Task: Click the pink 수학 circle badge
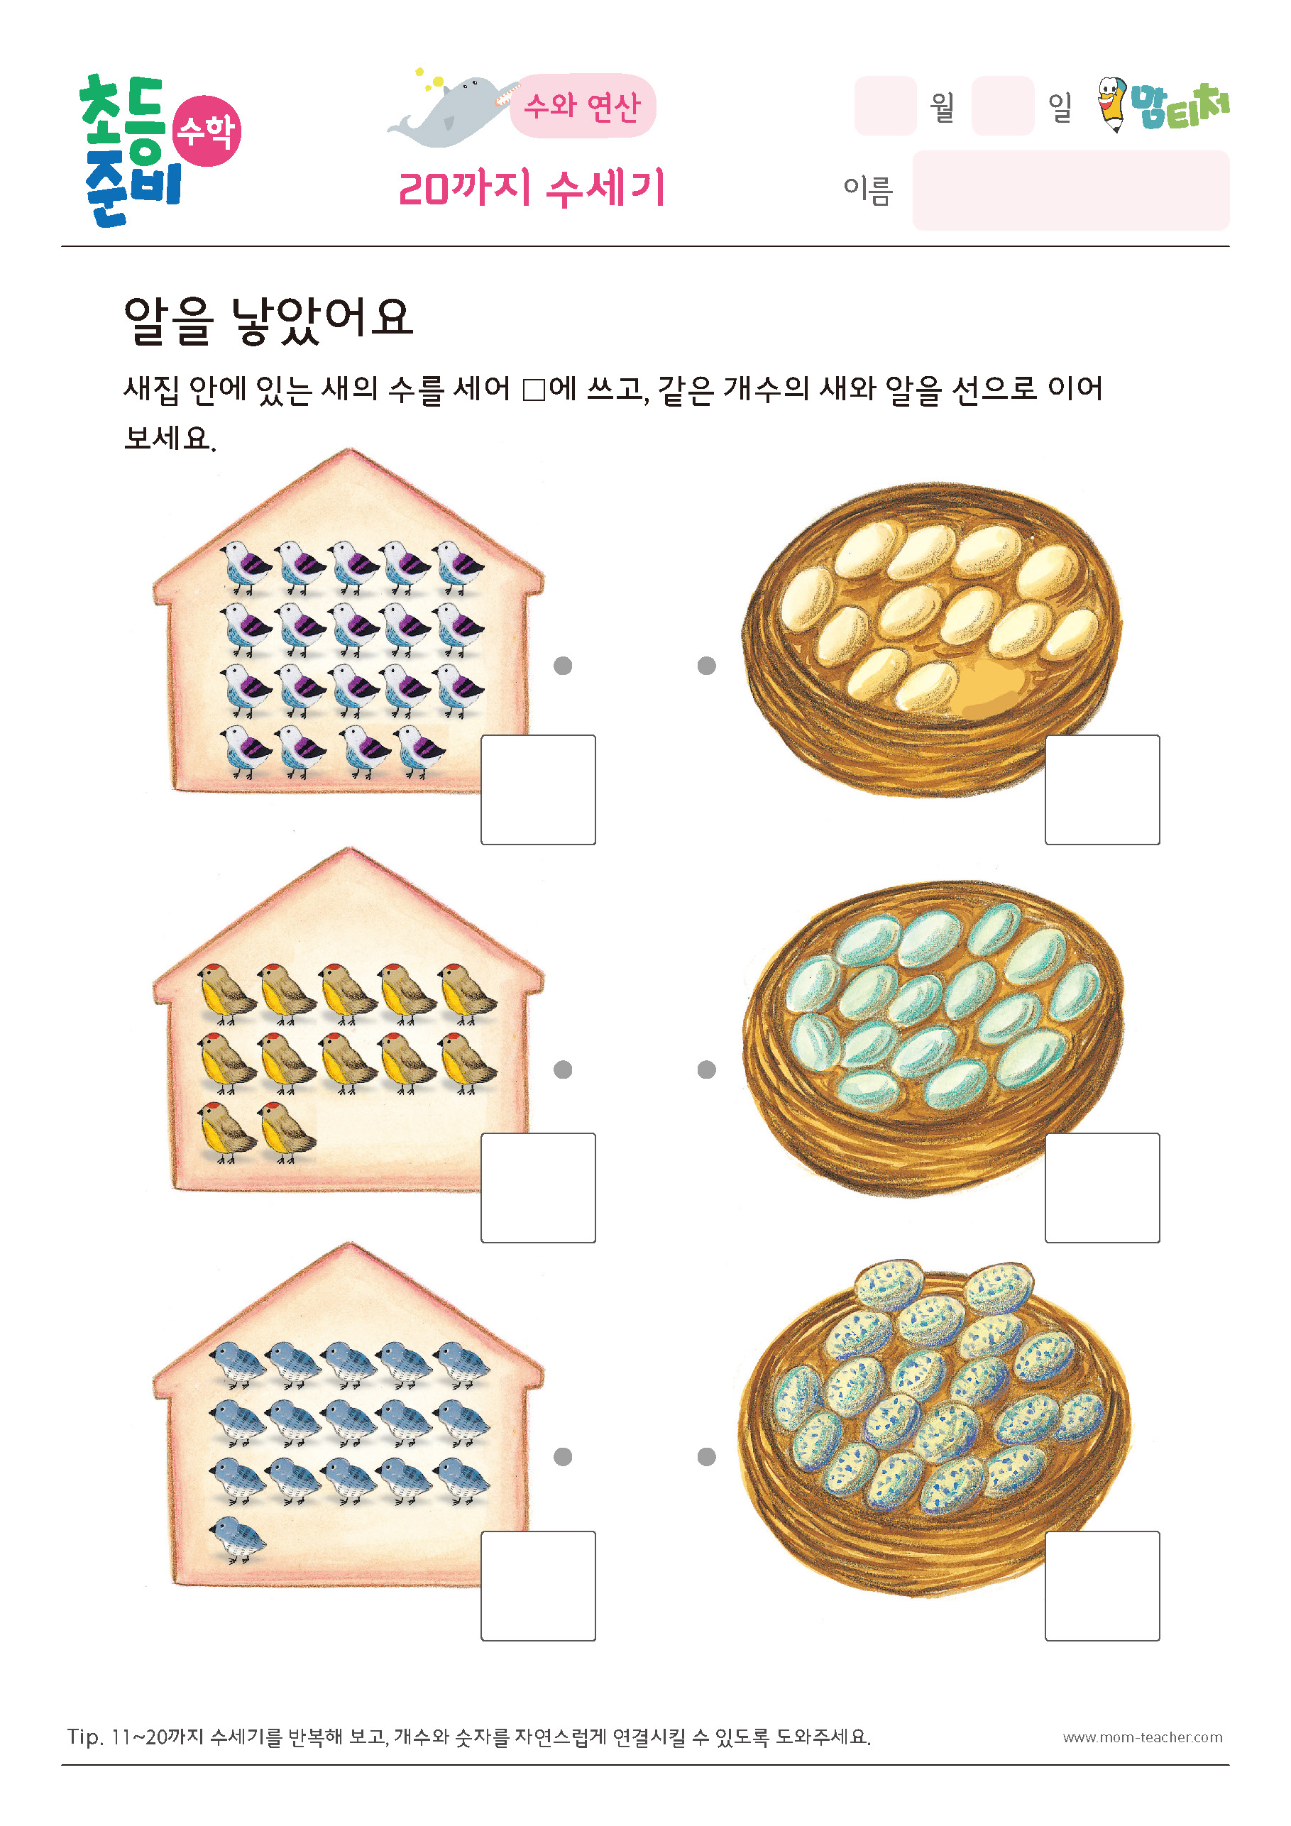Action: (206, 131)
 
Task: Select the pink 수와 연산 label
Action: (582, 106)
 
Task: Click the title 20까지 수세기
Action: (532, 189)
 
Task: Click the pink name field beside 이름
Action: (1071, 190)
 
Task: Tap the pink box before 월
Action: (885, 106)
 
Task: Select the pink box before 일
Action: (1003, 106)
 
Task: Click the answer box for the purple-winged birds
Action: (539, 789)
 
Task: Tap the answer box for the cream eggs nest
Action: (1102, 789)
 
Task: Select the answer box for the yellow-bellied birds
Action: (539, 1187)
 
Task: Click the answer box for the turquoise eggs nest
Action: (1102, 1187)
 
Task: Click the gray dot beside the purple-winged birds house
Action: (564, 666)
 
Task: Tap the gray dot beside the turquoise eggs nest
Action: (706, 1069)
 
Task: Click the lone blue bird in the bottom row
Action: (237, 1537)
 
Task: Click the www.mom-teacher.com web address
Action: (1142, 1737)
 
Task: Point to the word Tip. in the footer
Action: (85, 1737)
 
